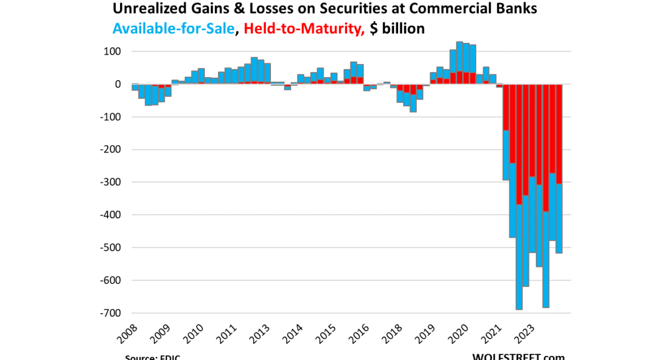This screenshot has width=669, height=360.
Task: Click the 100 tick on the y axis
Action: tap(111, 51)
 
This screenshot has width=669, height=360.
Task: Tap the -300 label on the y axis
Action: tap(109, 182)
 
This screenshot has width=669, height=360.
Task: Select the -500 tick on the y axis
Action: tap(109, 248)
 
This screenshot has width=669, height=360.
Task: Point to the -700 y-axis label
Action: tap(109, 313)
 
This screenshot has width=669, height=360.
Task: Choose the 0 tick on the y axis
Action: tap(118, 84)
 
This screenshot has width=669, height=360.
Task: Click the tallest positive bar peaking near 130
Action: tap(459, 57)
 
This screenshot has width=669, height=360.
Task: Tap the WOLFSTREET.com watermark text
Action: tap(518, 356)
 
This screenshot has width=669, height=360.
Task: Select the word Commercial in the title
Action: tap(440, 9)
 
